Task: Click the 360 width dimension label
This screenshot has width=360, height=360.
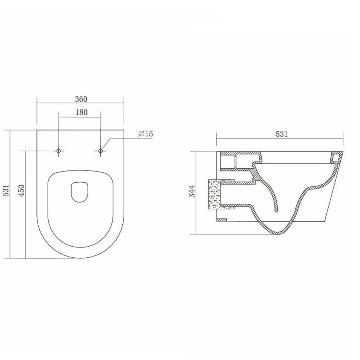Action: (x=81, y=99)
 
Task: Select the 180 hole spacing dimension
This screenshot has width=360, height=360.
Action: (x=81, y=112)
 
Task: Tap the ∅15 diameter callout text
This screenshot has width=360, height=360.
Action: (x=146, y=134)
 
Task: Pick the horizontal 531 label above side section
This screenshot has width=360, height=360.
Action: (x=282, y=134)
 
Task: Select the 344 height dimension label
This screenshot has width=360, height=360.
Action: (x=192, y=191)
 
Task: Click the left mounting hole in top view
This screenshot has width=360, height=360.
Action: (x=58, y=151)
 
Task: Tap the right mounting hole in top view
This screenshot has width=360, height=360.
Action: (x=100, y=151)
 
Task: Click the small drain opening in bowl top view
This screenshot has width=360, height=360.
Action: (x=79, y=192)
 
